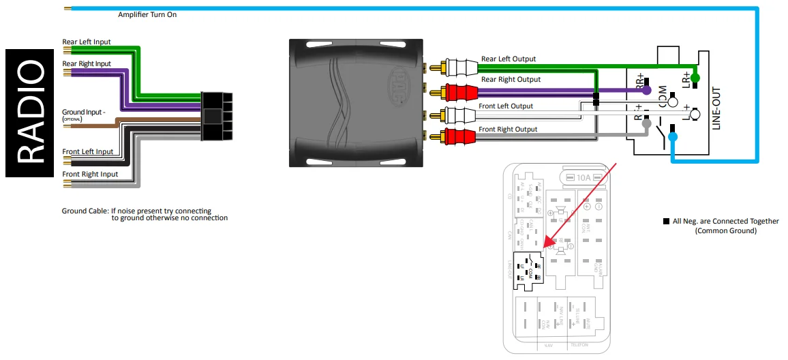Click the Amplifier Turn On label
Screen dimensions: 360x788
pos(147,14)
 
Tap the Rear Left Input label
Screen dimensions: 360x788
pos(87,42)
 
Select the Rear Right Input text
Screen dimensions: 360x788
pos(87,64)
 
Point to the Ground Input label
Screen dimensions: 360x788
pos(83,111)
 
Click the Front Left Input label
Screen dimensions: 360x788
pos(88,151)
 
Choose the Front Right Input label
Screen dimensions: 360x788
pos(90,174)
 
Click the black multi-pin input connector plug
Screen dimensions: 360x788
pos(216,117)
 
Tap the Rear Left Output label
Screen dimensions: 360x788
pos(509,59)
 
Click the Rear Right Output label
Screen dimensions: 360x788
pos(511,79)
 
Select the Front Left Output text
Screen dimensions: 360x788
pos(506,106)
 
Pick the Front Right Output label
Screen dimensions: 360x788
pos(508,129)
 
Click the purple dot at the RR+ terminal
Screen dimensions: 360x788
pos(646,90)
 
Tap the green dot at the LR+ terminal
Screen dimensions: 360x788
pos(695,77)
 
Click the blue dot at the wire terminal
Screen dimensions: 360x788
pos(673,137)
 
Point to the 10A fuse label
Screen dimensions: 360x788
pos(584,178)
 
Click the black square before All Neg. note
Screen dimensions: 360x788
pos(666,222)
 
